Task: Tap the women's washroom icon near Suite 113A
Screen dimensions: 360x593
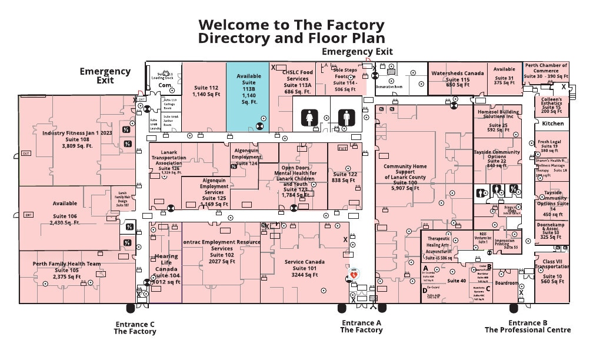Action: [311, 118]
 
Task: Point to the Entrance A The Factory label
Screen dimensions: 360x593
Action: [361, 326]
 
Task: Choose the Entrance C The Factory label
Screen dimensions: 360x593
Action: [135, 328]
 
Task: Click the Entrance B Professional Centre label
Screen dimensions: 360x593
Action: [528, 326]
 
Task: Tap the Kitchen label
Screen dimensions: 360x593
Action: [553, 124]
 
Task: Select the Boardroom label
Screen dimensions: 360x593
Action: [507, 283]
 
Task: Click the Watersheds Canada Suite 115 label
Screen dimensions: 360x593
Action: [458, 79]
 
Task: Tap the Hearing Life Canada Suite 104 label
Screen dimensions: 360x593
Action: [166, 269]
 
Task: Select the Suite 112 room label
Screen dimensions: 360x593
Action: [206, 91]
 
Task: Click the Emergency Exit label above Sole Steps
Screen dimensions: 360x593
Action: [357, 52]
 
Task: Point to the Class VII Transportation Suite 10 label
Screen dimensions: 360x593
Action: [552, 271]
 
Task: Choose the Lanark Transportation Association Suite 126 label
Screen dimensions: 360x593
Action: [169, 162]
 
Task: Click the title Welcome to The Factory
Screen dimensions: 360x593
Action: [291, 25]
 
